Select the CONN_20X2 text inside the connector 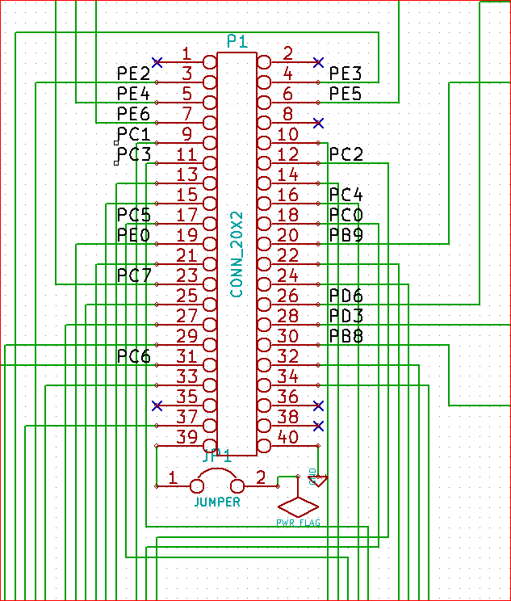237,254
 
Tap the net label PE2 133,74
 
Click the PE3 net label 346,74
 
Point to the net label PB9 346,235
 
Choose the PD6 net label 346,296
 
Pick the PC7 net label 133,275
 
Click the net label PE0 133,235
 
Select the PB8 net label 346,336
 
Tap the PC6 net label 133,356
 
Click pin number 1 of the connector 186,54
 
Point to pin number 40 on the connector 288,438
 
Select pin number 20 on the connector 288,236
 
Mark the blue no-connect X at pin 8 318,123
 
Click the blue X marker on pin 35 157,405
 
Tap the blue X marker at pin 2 318,62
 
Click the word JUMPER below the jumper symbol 217,502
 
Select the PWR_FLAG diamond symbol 298,507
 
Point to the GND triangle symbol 319,481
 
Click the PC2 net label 346,154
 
